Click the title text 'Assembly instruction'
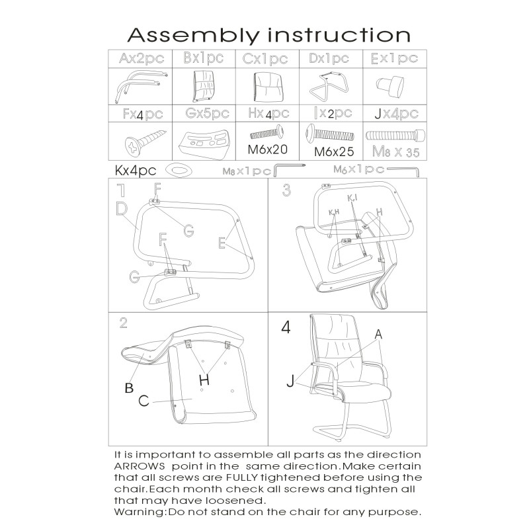point(268,34)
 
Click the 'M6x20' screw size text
point(268,149)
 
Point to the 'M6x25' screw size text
point(334,151)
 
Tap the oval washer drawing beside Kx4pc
point(177,170)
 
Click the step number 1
point(120,191)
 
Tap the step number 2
point(123,323)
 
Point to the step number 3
point(286,191)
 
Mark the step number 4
point(285,327)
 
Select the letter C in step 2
point(143,401)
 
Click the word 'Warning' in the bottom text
point(139,512)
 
